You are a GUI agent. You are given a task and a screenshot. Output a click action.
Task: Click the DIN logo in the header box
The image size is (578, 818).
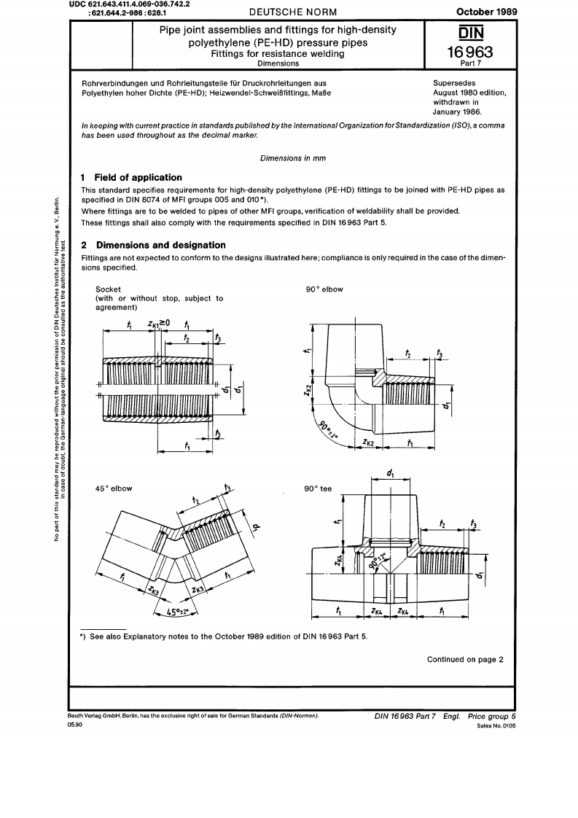(x=472, y=33)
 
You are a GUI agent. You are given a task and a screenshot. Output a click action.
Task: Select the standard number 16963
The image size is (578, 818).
(x=472, y=52)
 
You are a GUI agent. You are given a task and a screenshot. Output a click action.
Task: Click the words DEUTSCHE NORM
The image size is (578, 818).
(x=284, y=11)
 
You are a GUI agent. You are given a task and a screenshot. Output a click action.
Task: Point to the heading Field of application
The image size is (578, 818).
(x=138, y=177)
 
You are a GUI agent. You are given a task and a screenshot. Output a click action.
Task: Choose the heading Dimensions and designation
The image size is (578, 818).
(x=160, y=245)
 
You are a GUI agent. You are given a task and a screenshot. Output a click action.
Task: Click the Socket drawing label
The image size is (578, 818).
(x=109, y=289)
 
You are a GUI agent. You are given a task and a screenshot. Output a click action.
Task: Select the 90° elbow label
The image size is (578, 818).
(x=324, y=289)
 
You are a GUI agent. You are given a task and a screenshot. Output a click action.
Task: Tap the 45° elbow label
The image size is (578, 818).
(x=114, y=488)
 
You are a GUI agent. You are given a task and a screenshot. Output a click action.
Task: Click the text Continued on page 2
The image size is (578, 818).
(x=465, y=660)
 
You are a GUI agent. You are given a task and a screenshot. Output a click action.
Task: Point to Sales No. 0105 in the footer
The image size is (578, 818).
(x=496, y=726)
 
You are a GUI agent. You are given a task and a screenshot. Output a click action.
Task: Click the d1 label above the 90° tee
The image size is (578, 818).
(x=391, y=474)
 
